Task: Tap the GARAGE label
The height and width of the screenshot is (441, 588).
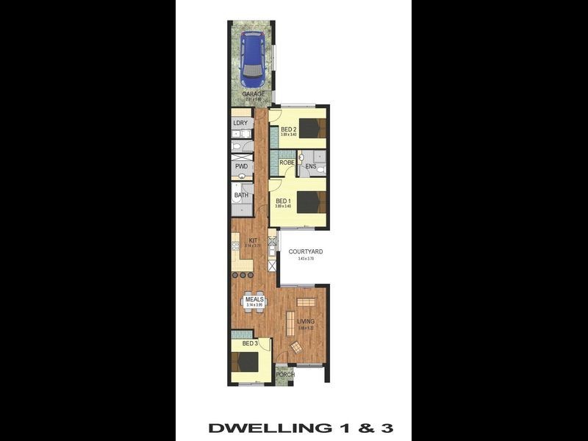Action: click(254, 94)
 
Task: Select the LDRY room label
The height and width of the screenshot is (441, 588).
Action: click(240, 123)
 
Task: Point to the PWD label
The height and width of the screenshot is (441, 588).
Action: click(240, 167)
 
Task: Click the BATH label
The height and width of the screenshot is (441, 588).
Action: click(241, 196)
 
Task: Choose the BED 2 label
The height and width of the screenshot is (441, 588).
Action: click(288, 129)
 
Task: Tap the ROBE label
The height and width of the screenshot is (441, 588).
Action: click(286, 162)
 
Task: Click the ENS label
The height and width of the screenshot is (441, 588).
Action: click(310, 167)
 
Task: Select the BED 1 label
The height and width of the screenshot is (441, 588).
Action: click(283, 201)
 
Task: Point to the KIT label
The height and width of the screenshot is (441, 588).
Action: click(253, 240)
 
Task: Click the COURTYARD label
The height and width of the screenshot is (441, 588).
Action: click(305, 252)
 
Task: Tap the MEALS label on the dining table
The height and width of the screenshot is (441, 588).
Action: click(254, 299)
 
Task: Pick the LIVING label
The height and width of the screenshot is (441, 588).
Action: click(306, 321)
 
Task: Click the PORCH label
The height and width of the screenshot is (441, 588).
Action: click(285, 374)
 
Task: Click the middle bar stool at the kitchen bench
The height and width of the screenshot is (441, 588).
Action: click(243, 275)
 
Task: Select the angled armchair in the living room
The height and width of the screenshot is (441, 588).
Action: click(295, 347)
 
